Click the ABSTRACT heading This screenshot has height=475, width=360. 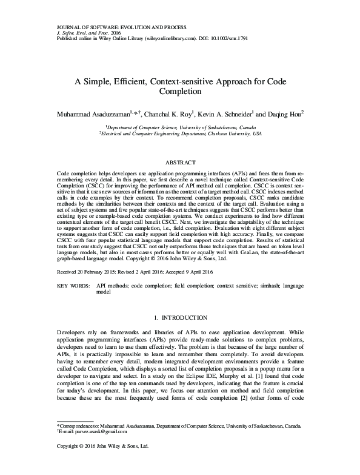[x=180, y=163]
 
